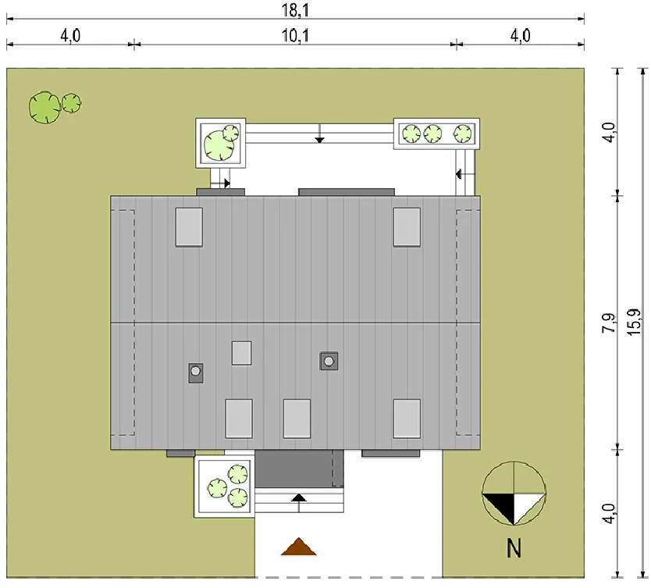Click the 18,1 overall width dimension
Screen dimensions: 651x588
point(295,10)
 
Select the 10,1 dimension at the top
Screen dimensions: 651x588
point(295,36)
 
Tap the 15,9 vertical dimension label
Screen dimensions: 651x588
point(634,323)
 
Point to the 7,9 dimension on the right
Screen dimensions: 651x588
point(609,323)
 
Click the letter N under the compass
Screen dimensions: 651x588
point(514,548)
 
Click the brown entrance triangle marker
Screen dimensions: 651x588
point(298,547)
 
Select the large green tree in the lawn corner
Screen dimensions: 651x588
point(44,108)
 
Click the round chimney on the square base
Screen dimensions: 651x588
point(329,362)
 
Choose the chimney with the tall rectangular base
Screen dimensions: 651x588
point(196,373)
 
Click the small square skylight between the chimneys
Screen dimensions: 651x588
point(242,353)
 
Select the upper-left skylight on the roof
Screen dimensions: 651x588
point(189,227)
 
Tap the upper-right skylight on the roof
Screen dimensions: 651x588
point(407,227)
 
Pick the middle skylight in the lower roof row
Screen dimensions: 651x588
point(297,419)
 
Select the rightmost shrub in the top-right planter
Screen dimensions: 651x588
point(462,134)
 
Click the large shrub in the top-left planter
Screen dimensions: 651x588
point(219,145)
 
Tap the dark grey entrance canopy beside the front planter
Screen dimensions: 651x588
point(299,469)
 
